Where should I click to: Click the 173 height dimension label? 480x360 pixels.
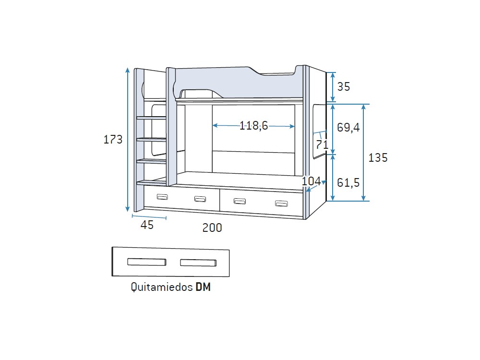coord(113,140)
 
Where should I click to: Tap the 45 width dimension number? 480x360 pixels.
coord(147,225)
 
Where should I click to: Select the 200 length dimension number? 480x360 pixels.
coord(212,228)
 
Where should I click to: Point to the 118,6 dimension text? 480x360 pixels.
coord(253,125)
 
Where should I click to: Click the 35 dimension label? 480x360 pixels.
coord(344,86)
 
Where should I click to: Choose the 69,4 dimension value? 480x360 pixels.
coord(348,127)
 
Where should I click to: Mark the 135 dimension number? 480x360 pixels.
coord(378,157)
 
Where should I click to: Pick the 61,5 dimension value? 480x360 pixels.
coord(348,183)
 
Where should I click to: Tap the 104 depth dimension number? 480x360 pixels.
coord(311,181)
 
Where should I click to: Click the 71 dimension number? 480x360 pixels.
coord(322,144)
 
